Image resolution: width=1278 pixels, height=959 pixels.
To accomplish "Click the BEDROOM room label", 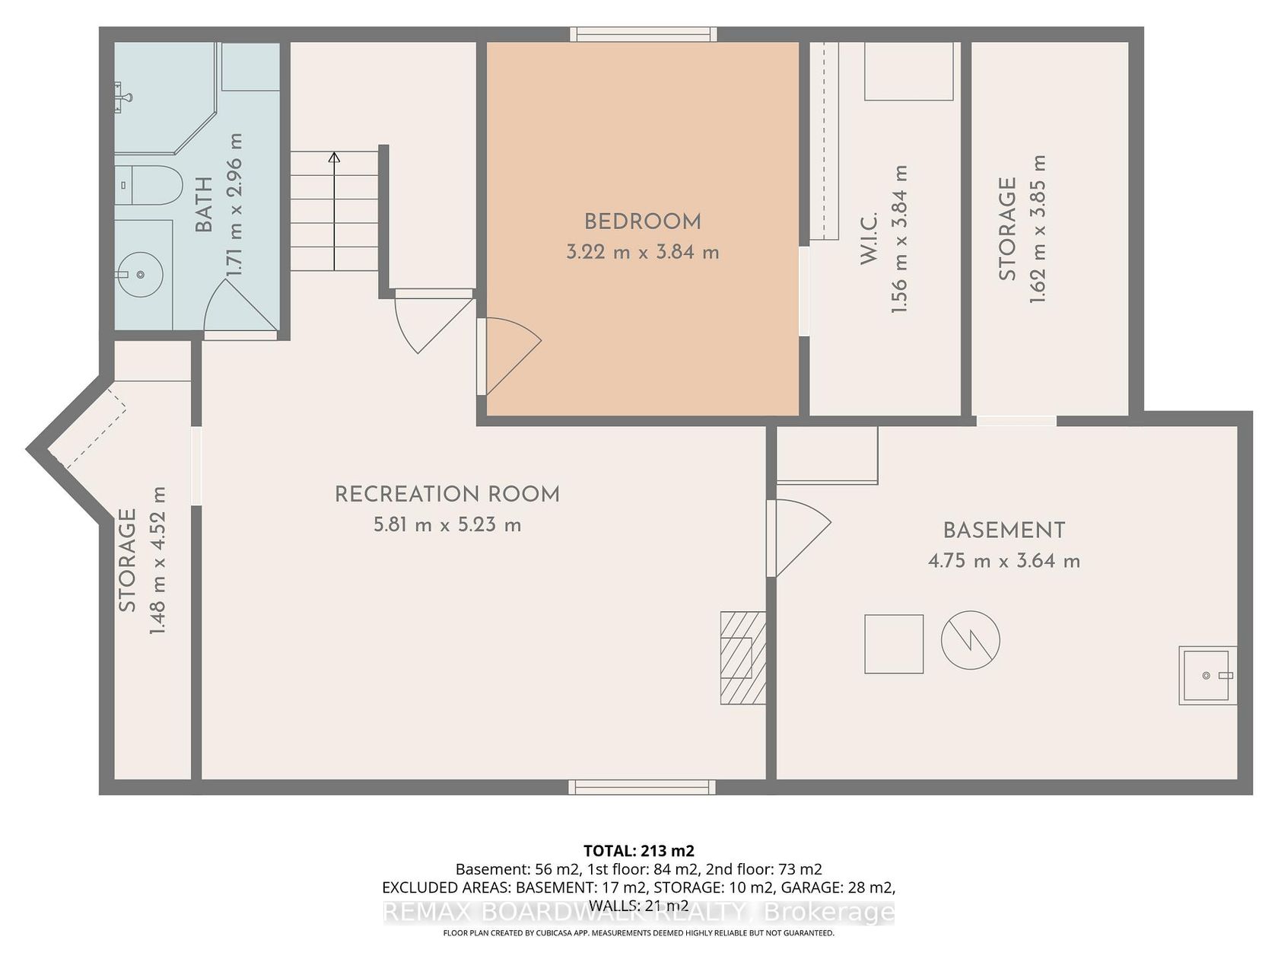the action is click(x=642, y=221).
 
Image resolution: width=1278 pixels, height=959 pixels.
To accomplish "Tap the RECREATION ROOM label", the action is click(x=447, y=495).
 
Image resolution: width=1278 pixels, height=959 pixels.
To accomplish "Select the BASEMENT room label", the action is click(x=1004, y=530).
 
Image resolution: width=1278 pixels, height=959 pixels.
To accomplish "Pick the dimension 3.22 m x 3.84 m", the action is click(x=643, y=253).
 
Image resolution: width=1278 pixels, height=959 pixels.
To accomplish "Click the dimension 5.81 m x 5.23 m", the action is click(x=447, y=525).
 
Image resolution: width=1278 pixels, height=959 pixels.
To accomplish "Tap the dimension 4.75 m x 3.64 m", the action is click(x=1004, y=561).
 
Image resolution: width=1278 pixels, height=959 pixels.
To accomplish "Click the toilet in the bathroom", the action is click(x=149, y=185).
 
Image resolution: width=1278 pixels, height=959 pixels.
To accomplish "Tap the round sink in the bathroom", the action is click(x=140, y=274).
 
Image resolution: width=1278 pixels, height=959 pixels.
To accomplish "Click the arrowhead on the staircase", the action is click(x=334, y=158).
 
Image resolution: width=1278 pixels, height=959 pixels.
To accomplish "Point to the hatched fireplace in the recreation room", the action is click(x=743, y=658).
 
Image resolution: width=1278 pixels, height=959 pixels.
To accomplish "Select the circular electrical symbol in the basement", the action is click(x=971, y=639).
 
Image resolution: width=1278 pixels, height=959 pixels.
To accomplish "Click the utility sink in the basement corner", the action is click(x=1208, y=675).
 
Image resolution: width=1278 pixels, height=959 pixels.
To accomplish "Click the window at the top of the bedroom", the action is click(x=643, y=34).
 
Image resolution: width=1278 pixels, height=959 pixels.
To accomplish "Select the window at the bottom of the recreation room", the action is click(x=642, y=787).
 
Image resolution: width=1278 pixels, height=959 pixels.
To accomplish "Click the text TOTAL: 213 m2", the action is click(x=639, y=851).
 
